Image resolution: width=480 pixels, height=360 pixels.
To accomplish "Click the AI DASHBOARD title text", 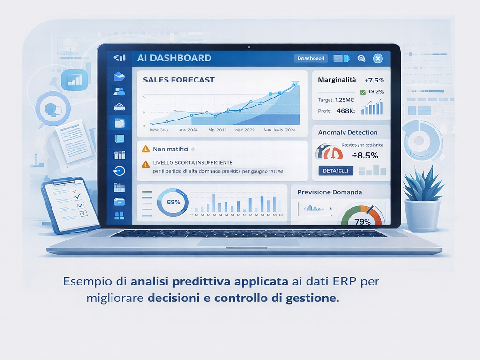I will pyautogui.click(x=174, y=58).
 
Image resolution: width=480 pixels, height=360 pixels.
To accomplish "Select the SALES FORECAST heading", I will pyautogui.click(x=179, y=80).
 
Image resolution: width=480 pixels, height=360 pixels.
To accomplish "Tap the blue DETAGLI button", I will pyautogui.click(x=336, y=171).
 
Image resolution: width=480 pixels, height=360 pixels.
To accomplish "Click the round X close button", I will pyautogui.click(x=378, y=59).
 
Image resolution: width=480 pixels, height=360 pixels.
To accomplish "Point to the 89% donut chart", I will pyautogui.click(x=173, y=202).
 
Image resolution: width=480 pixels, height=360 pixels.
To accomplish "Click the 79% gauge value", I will pyautogui.click(x=362, y=222).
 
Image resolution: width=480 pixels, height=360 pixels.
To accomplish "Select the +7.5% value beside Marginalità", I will pyautogui.click(x=374, y=80).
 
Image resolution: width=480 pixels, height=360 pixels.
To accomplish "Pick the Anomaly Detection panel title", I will pyautogui.click(x=347, y=132).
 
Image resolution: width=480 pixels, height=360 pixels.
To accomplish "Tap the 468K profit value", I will pyautogui.click(x=345, y=111).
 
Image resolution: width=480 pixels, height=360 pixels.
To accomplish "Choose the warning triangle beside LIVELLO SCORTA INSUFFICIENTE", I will pyautogui.click(x=145, y=164).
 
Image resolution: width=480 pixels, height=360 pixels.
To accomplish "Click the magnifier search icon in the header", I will pyautogui.click(x=361, y=59).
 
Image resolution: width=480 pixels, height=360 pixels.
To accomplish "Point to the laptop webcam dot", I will pyautogui.click(x=249, y=47).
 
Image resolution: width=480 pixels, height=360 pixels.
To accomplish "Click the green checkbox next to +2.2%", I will pyautogui.click(x=363, y=92).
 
